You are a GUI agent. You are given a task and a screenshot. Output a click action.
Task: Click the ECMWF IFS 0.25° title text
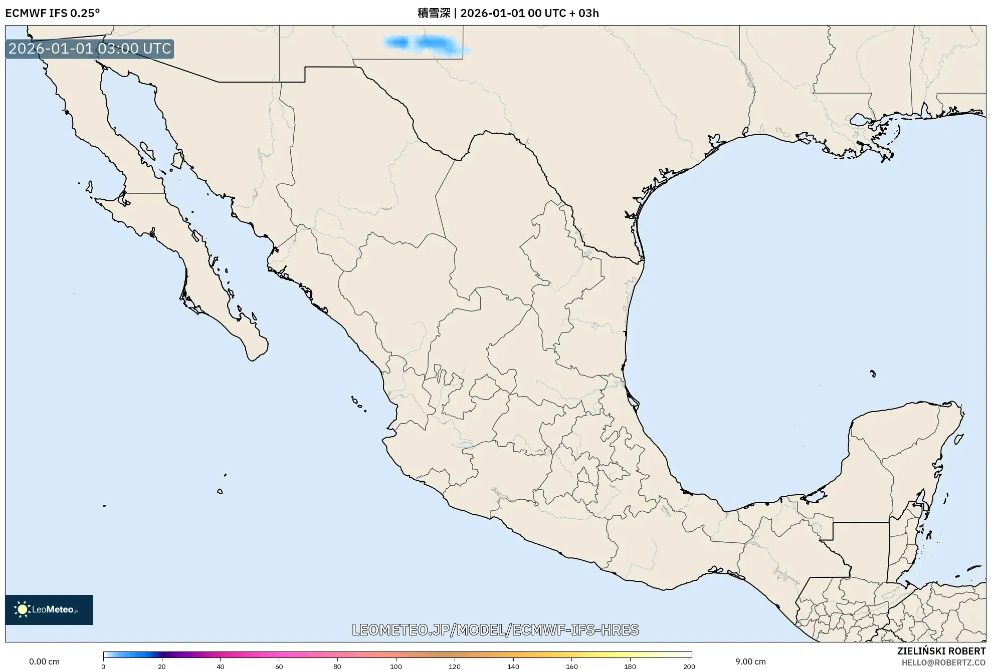click(x=52, y=13)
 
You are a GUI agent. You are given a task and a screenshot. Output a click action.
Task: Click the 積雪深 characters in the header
click(x=434, y=13)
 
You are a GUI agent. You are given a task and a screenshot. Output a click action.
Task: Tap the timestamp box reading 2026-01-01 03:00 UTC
click(x=90, y=49)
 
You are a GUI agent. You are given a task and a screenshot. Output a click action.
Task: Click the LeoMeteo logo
click(x=49, y=609)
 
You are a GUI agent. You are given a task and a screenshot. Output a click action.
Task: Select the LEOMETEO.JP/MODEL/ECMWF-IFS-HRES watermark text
click(x=495, y=629)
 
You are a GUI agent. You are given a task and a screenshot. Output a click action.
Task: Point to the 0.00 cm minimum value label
click(x=44, y=661)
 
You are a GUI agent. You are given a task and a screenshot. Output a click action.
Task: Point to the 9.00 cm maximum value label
click(x=750, y=661)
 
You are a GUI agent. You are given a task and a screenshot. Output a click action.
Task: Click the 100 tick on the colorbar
click(x=396, y=666)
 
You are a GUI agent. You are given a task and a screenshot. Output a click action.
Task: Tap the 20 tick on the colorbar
click(x=162, y=666)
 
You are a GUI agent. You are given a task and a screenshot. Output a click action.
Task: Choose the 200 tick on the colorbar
click(x=689, y=666)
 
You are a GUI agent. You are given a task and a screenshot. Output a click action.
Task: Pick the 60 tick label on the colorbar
click(x=279, y=666)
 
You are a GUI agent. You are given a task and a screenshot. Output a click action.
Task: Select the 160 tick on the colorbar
click(x=572, y=666)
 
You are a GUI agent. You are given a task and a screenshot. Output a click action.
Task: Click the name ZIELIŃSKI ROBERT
click(x=941, y=651)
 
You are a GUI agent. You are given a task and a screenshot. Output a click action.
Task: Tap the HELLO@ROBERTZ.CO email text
click(x=943, y=662)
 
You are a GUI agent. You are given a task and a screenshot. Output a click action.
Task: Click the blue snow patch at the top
click(x=426, y=44)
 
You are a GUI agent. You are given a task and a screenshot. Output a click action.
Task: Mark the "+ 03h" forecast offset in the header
click(x=584, y=13)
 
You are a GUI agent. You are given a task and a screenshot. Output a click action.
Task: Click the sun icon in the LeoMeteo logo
click(x=22, y=609)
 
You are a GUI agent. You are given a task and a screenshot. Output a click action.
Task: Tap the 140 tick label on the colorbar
click(x=513, y=666)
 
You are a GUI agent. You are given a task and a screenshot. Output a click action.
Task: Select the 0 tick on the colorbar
click(x=103, y=666)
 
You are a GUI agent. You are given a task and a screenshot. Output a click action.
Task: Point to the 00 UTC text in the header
click(x=547, y=13)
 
